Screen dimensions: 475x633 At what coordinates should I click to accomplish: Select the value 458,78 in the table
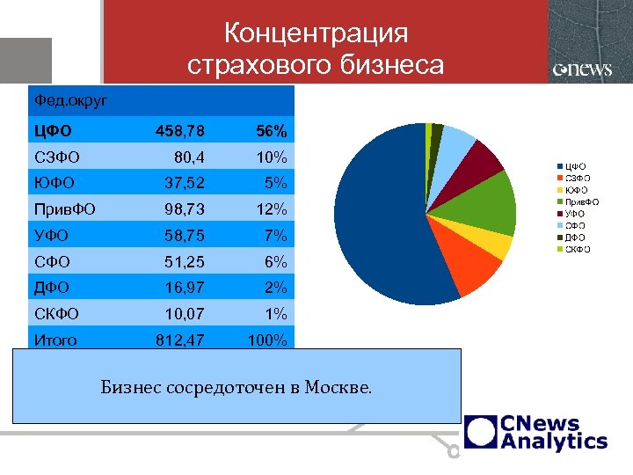(x=180, y=131)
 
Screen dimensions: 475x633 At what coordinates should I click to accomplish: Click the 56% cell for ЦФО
(x=271, y=131)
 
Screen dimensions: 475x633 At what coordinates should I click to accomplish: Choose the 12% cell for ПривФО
(x=272, y=209)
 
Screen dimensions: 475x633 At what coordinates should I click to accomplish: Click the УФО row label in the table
(x=51, y=236)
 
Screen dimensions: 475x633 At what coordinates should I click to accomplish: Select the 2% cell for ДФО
(x=276, y=288)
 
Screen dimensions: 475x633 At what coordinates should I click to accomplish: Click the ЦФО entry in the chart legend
(x=574, y=165)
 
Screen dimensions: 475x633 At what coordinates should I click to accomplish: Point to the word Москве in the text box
(x=338, y=386)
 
